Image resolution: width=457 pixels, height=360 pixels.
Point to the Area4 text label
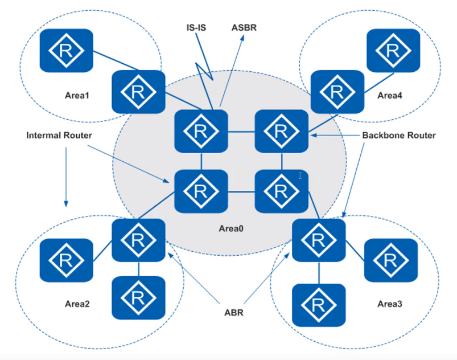pos(389,95)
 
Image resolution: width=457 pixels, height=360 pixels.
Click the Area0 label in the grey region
pos(230,229)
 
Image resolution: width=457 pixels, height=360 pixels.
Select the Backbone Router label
pos(398,136)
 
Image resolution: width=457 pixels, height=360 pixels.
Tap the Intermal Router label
pos(60,136)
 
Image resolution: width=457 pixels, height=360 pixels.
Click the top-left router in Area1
pos(65,50)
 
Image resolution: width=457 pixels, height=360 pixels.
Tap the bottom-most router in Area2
pos(138,297)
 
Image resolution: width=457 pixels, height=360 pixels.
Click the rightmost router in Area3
pos(390,261)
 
